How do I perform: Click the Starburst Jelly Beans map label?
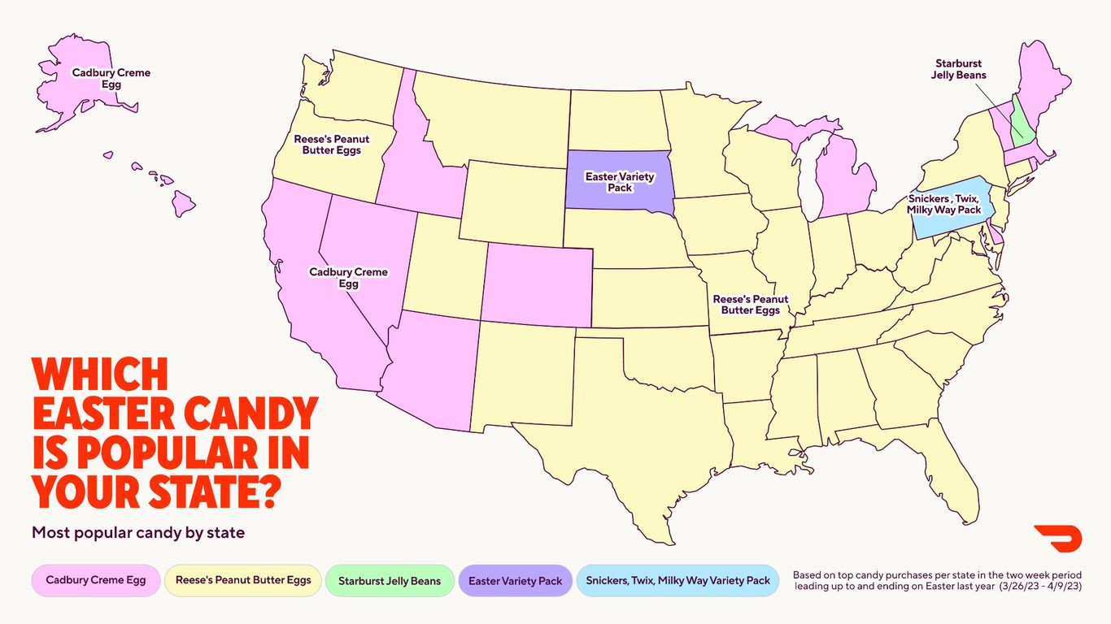(x=960, y=69)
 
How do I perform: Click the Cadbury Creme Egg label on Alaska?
(x=111, y=78)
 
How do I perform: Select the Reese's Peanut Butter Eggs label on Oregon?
(x=332, y=145)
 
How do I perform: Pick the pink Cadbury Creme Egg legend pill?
(x=96, y=581)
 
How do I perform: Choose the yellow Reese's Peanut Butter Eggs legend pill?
(x=243, y=581)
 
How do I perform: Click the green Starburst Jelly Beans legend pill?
(x=390, y=581)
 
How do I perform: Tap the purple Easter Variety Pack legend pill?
(x=516, y=581)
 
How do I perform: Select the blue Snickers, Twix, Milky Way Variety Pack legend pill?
(x=677, y=581)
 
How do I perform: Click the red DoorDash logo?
(x=1057, y=539)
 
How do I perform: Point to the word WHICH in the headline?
(x=100, y=375)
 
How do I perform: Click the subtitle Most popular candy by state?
(x=138, y=533)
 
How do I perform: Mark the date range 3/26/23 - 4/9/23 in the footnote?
(x=1042, y=587)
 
